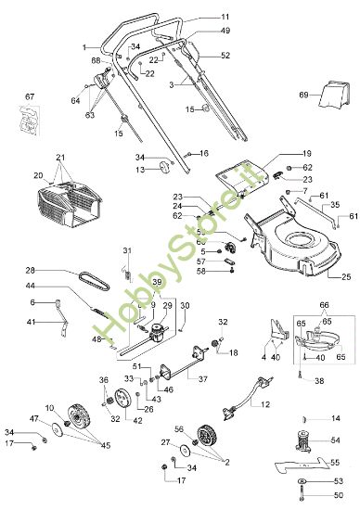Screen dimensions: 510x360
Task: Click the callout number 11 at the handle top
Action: (225, 17)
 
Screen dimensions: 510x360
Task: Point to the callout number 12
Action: (264, 404)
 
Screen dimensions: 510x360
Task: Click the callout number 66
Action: (324, 304)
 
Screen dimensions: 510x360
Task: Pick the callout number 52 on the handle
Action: (225, 56)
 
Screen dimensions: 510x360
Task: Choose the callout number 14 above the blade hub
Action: (337, 418)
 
